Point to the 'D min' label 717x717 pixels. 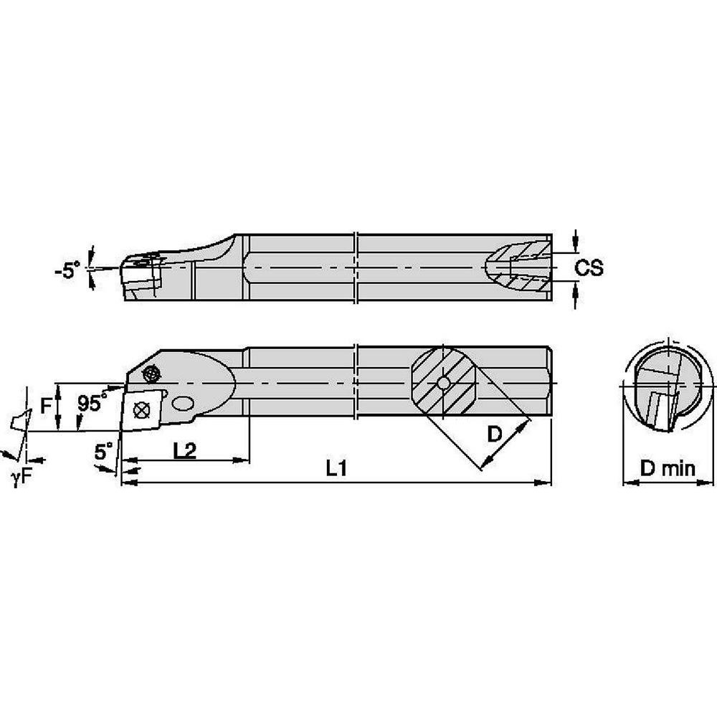tap(668, 469)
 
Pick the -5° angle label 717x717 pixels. tap(68, 270)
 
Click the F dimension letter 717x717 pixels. tap(46, 407)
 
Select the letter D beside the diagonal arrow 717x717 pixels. tap(495, 434)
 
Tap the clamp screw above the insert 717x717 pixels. tap(151, 373)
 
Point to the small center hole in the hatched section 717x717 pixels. tap(444, 384)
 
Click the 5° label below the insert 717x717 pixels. tap(104, 451)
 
